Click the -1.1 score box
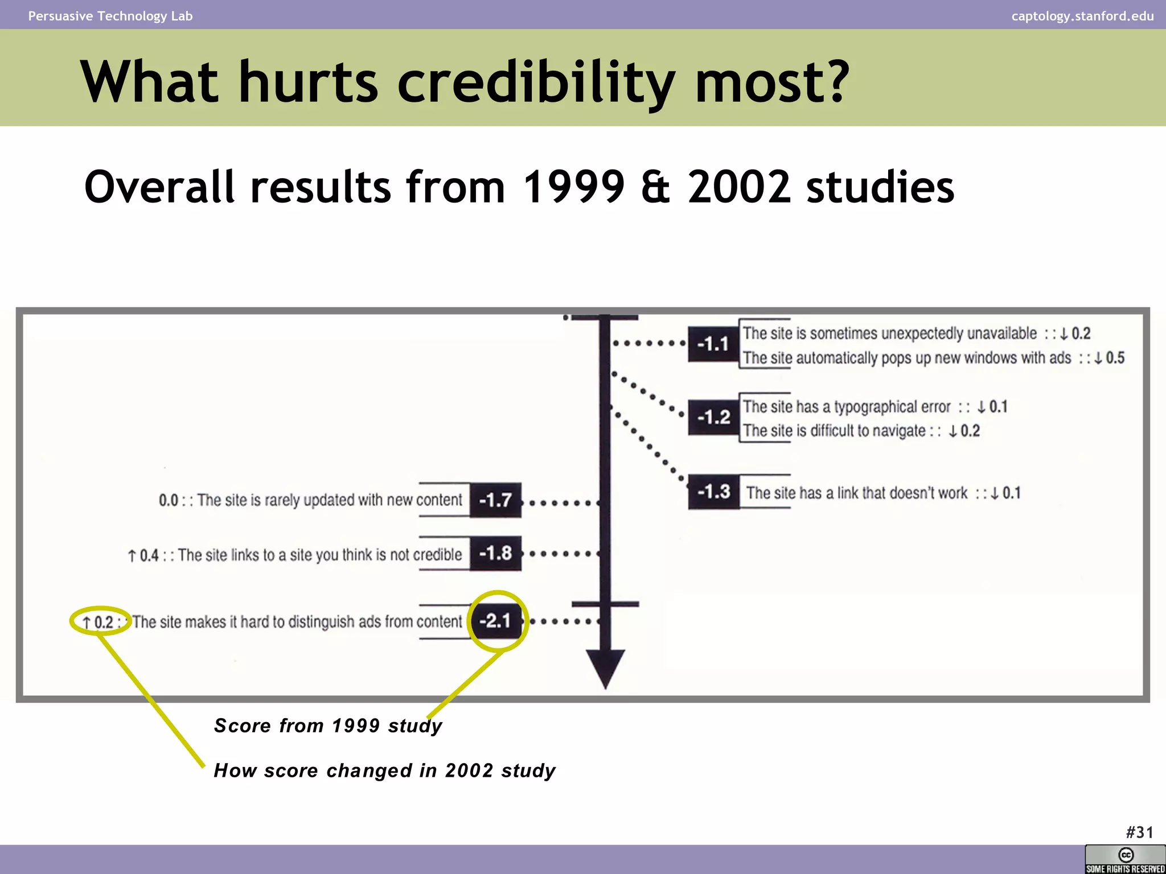click(x=713, y=344)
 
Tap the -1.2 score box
click(x=713, y=417)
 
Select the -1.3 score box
click(x=713, y=491)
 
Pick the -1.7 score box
click(x=495, y=500)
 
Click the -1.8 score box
click(x=495, y=553)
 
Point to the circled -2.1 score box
click(x=495, y=621)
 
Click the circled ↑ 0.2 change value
click(x=98, y=622)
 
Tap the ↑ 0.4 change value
click(x=143, y=555)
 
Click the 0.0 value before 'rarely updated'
click(x=169, y=501)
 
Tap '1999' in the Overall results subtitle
click(x=573, y=187)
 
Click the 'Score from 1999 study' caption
click(x=328, y=725)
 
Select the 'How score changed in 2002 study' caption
click(x=384, y=770)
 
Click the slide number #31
click(x=1139, y=832)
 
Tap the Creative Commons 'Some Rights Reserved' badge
click(x=1125, y=859)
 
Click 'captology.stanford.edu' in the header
click(x=1082, y=16)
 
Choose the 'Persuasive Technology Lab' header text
click(x=110, y=16)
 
